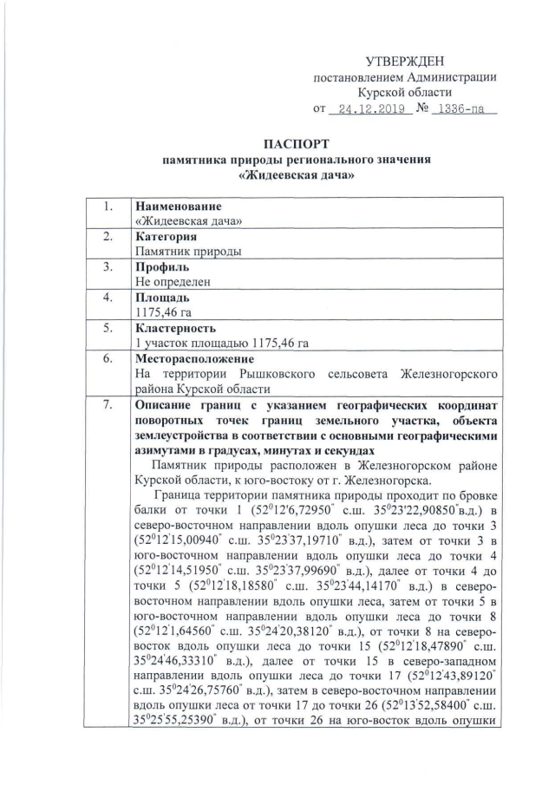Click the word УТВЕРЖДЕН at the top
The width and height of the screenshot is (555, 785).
tap(405, 61)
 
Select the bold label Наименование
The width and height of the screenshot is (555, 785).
tap(178, 207)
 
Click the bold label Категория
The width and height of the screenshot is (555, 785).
tap(166, 237)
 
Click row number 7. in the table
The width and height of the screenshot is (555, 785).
tap(108, 405)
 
